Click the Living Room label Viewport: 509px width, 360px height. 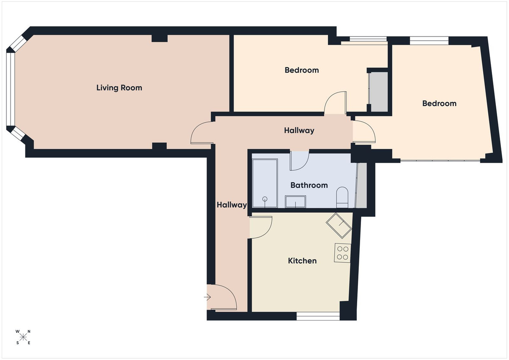[x=119, y=88]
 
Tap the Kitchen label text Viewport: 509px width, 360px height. [x=302, y=261]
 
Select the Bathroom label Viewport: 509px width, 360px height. [x=309, y=185]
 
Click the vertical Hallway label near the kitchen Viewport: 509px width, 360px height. [x=232, y=205]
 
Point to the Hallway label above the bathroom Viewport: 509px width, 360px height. [x=299, y=131]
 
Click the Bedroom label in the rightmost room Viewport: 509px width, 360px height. [x=439, y=103]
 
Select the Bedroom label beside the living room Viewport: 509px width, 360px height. [x=302, y=70]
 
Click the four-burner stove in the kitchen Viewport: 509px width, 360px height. [x=342, y=252]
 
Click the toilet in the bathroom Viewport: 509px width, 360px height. [x=342, y=198]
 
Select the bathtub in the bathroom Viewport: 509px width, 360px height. [x=265, y=183]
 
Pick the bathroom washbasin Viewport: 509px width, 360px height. [x=296, y=201]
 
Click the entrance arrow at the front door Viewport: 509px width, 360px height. [x=207, y=297]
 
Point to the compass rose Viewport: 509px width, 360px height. [x=23, y=337]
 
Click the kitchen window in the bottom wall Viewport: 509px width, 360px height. [x=318, y=315]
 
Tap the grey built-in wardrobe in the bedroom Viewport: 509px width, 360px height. [x=378, y=92]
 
